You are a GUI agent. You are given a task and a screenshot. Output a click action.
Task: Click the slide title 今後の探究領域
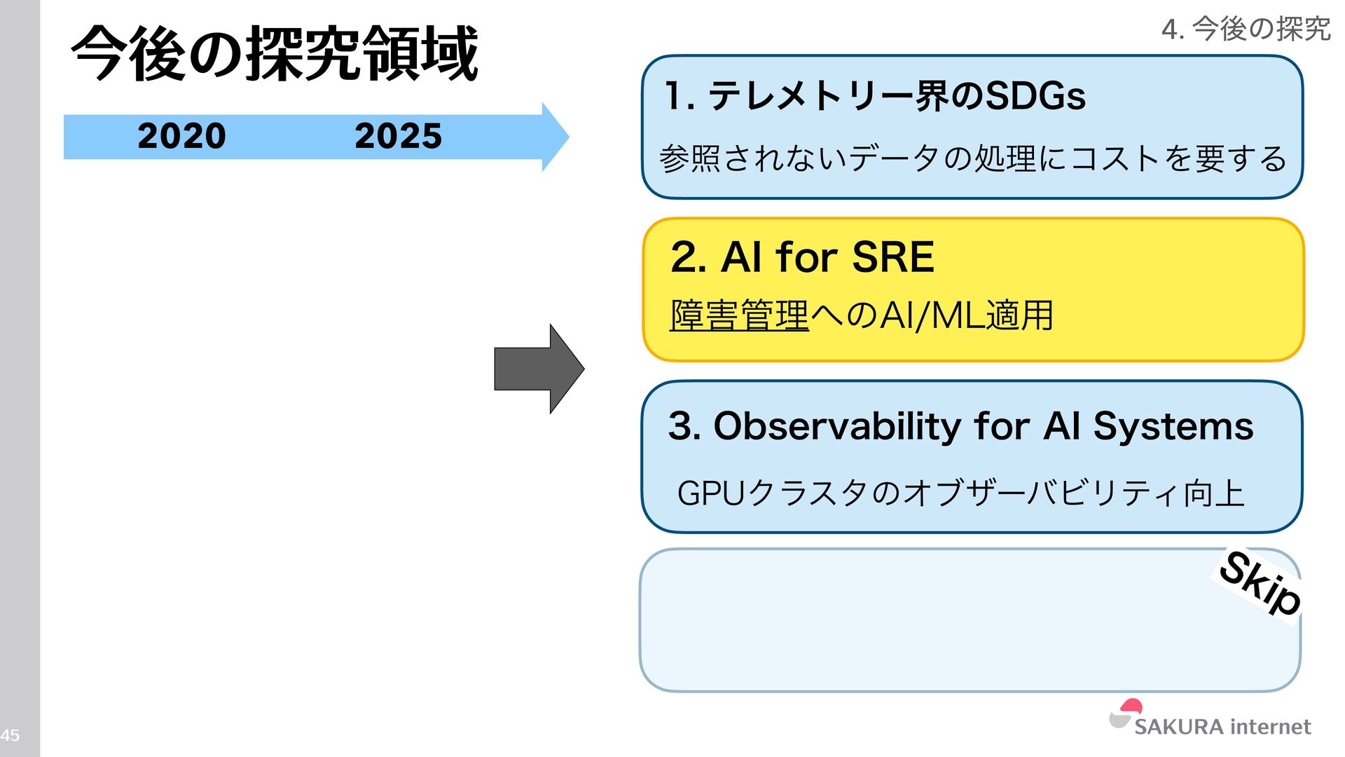tap(275, 54)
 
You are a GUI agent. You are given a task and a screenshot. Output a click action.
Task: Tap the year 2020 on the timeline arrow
tap(181, 136)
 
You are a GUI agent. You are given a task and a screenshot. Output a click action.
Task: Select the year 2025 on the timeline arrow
tap(398, 136)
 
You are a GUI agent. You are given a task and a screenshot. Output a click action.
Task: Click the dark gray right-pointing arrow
tap(538, 369)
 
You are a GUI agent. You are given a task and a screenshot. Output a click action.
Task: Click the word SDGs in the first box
tap(1035, 96)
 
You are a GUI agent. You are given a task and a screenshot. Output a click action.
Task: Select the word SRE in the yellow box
tap(893, 257)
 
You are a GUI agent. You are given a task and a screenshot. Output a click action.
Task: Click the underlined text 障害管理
tap(739, 315)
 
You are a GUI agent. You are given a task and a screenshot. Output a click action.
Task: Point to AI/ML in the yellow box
tap(932, 315)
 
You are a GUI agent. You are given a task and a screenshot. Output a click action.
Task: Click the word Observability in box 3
tap(837, 426)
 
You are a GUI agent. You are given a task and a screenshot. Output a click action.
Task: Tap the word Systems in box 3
tap(1173, 426)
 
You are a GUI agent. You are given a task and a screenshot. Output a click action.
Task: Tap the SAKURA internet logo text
tap(1222, 727)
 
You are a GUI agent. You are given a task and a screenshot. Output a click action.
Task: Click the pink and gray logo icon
tap(1125, 714)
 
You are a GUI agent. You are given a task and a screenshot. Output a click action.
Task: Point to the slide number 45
tap(10, 735)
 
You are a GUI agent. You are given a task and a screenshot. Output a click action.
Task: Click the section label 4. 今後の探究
tap(1246, 29)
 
